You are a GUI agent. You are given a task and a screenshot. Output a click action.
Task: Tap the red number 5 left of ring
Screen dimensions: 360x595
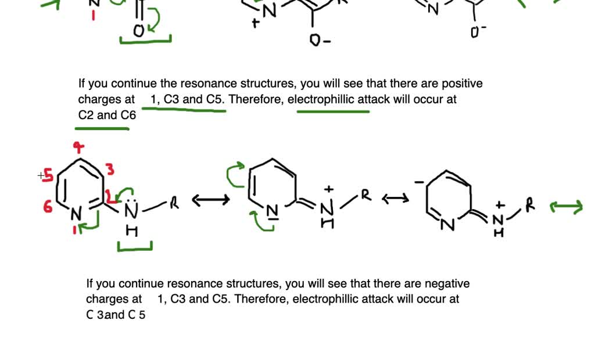[x=48, y=175]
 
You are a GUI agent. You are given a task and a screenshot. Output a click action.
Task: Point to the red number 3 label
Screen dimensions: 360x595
[x=110, y=170]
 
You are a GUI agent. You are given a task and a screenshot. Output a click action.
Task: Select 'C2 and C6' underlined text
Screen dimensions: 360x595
[x=107, y=115]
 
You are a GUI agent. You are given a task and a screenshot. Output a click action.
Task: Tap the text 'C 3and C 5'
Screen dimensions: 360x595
[x=116, y=315]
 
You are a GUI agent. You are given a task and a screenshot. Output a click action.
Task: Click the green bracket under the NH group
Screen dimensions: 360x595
[x=135, y=248]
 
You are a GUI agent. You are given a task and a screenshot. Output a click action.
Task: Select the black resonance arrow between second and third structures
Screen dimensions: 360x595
[x=395, y=199]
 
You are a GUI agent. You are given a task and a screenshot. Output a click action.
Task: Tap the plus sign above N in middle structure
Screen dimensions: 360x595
[x=329, y=189]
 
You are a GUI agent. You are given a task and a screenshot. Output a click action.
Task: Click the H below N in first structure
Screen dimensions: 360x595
[x=132, y=231]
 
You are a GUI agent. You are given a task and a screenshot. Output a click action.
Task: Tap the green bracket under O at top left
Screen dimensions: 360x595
[x=145, y=40]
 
